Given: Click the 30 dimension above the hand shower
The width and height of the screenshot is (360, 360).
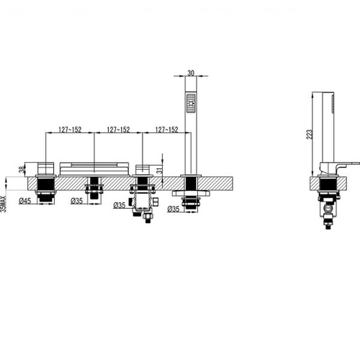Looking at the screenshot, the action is [x=191, y=73].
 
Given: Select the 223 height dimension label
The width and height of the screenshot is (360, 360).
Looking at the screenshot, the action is [x=310, y=135].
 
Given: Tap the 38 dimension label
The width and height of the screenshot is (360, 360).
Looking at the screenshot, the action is [x=22, y=169].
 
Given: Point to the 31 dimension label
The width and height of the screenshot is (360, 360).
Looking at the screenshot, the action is [x=159, y=171].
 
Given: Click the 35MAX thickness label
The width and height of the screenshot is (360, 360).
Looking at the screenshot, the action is [x=3, y=204].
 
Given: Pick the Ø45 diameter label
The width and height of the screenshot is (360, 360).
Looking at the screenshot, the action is [x=25, y=201].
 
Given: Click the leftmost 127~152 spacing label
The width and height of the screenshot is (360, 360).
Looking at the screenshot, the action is [x=70, y=130].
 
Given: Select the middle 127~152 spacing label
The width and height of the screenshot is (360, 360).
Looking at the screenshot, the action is [x=118, y=130].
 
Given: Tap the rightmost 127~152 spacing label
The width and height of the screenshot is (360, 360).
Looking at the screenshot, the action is [x=167, y=130].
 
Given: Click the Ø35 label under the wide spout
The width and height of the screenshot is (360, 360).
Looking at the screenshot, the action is [x=76, y=201].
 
